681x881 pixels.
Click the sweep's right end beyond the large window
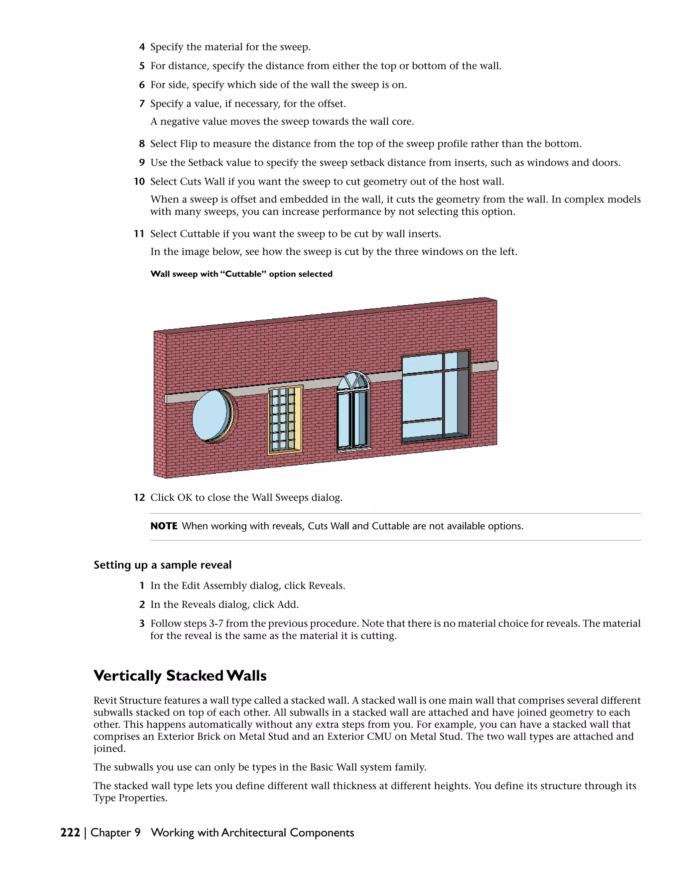(484, 366)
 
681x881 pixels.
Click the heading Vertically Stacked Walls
(180, 676)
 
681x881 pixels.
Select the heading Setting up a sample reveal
(163, 565)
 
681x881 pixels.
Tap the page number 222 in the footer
(70, 832)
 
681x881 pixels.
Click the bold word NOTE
(164, 526)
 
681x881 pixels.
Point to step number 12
(139, 497)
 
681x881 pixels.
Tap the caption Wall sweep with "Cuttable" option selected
(241, 274)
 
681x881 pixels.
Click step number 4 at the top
(142, 47)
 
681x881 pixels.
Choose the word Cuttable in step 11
(199, 234)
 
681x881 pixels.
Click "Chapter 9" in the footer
(115, 832)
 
